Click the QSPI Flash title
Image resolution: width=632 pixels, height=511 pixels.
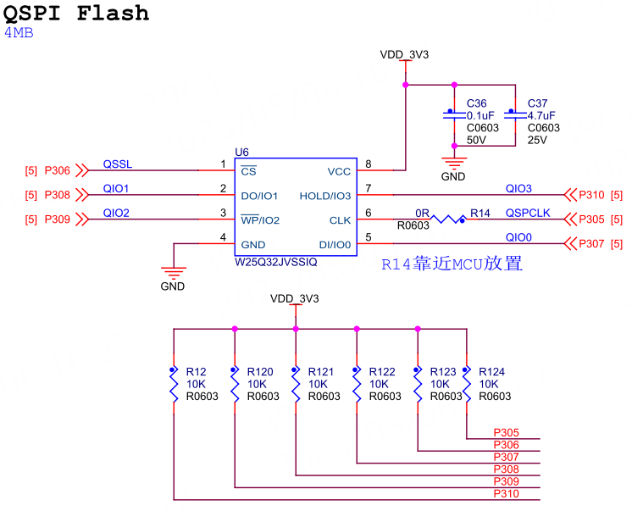click(76, 14)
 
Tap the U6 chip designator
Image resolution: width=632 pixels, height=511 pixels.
click(242, 152)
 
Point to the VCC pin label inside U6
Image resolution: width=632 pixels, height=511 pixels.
click(338, 171)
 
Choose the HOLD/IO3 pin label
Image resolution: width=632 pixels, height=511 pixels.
click(324, 197)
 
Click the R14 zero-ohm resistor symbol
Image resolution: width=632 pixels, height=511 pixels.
click(447, 219)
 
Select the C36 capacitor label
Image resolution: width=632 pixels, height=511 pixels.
click(477, 103)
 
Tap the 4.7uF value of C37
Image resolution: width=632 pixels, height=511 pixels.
click(541, 116)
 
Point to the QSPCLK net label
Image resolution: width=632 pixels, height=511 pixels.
click(528, 213)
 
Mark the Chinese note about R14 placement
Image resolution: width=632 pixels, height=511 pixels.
click(452, 264)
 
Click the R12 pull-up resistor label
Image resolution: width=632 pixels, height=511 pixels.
click(196, 371)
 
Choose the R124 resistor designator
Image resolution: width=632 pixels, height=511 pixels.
click(491, 371)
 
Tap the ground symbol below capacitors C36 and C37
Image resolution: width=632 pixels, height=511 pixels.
click(454, 164)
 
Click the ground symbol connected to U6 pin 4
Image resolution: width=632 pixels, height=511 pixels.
click(173, 273)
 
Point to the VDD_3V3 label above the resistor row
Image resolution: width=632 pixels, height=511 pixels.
click(294, 299)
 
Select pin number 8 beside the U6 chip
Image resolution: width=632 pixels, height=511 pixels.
click(368, 164)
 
